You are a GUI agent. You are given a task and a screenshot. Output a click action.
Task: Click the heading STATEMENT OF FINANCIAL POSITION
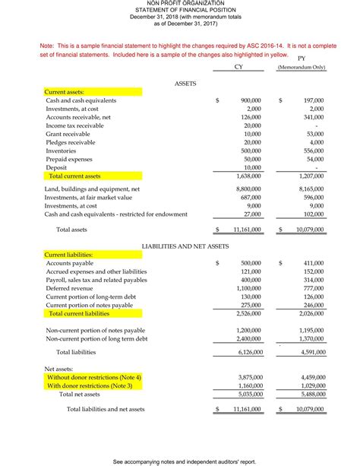[x=179, y=9]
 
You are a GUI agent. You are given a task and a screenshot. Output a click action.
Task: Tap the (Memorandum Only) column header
[x=301, y=68]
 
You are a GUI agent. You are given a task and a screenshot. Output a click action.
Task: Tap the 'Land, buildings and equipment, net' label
[x=92, y=188]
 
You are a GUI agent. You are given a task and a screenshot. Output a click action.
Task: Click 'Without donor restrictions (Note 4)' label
[x=94, y=377]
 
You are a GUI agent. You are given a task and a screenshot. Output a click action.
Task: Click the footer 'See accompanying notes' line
[x=179, y=461]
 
